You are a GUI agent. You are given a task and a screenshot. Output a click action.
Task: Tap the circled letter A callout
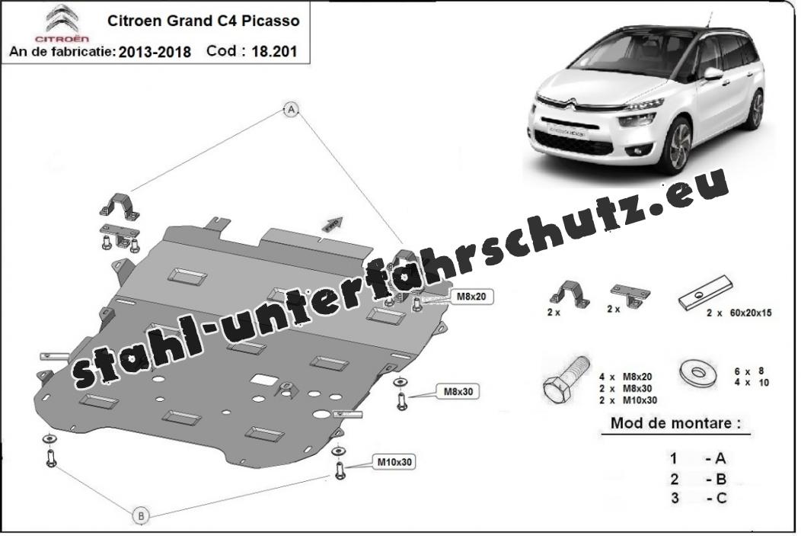[291, 109]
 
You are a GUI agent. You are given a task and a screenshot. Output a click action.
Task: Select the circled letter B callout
[142, 515]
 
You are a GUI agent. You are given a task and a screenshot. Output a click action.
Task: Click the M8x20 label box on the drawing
[471, 296]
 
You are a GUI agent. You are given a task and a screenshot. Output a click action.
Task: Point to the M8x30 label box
[458, 392]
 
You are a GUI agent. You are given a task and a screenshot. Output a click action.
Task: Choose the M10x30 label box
[394, 462]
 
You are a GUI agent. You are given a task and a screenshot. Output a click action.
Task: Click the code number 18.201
[274, 52]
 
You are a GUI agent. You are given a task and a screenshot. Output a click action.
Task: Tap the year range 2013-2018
[155, 52]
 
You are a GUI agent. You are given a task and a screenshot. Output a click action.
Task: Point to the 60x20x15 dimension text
[748, 313]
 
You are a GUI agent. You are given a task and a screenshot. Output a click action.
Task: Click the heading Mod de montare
[675, 423]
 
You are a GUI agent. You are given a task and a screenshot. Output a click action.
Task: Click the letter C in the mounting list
[721, 498]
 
